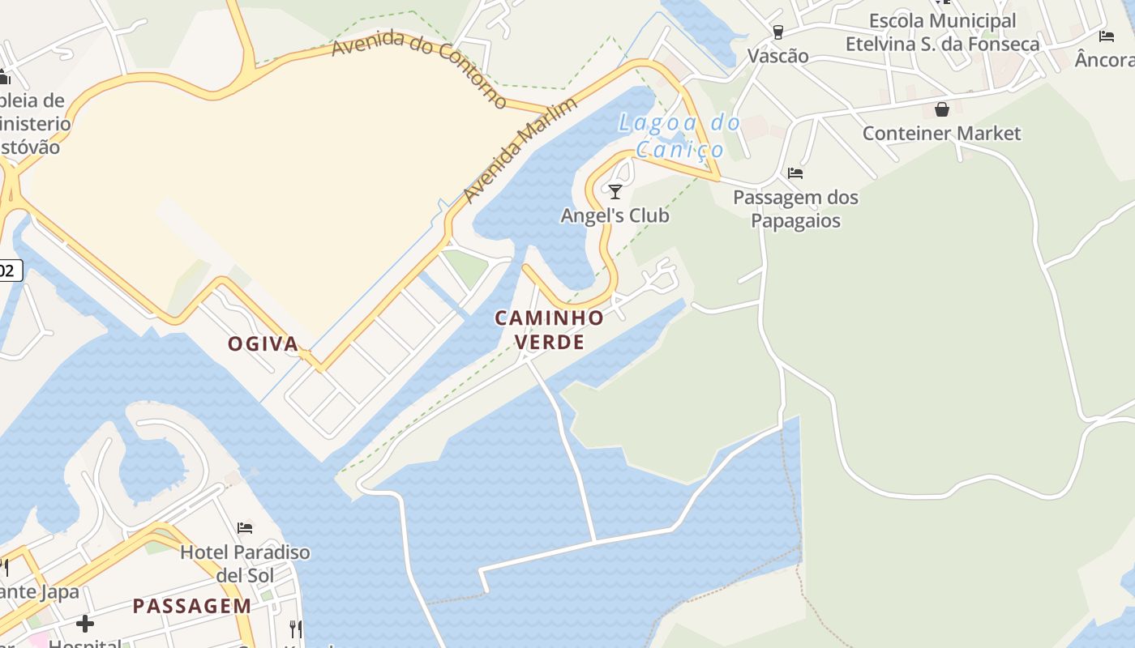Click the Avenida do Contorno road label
coord(419,70)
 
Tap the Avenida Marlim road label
coord(520,150)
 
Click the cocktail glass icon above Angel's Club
coord(615,192)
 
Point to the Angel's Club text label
coord(615,215)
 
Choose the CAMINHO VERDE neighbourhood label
coord(550,330)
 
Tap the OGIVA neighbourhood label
coord(263,344)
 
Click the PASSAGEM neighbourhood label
coord(192,606)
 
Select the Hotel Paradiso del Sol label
coord(245,564)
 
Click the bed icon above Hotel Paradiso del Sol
coord(245,528)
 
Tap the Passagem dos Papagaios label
coord(795,209)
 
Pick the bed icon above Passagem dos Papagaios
coord(795,173)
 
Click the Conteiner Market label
coord(941,134)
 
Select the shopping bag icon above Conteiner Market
coord(941,109)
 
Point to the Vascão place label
coord(778,56)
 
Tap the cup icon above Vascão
coord(778,32)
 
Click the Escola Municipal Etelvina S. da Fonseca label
coord(942,32)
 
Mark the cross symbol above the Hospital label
coord(85,624)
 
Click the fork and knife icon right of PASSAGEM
coord(296,629)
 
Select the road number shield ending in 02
coord(9,271)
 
